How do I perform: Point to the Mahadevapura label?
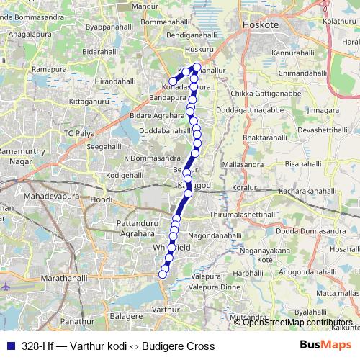pos(50,196)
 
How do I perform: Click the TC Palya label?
pos(79,134)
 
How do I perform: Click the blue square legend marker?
pos(9,346)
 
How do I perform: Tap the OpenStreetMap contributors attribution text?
pos(297,323)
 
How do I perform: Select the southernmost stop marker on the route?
pos(163,272)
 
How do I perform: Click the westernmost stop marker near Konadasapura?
pos(171,81)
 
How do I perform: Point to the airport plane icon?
pos(6,286)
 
